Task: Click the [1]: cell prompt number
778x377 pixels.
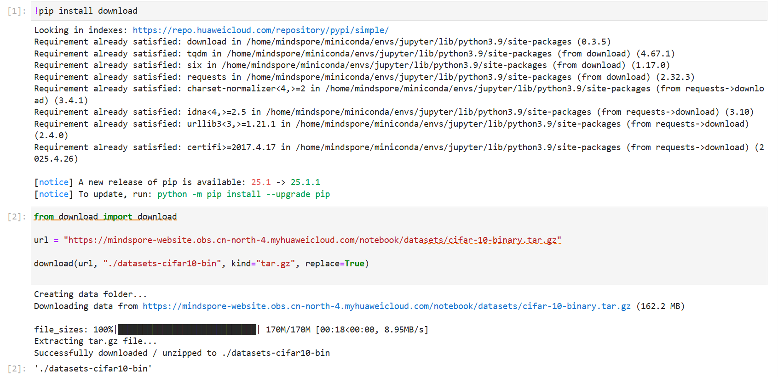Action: click(x=17, y=11)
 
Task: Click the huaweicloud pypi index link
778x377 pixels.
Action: click(x=260, y=30)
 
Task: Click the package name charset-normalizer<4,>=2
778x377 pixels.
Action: click(x=246, y=89)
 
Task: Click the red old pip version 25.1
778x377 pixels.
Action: click(x=261, y=182)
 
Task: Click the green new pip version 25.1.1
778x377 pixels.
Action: click(x=305, y=182)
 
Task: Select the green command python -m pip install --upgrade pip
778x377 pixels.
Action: click(x=243, y=194)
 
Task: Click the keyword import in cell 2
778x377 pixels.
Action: click(x=117, y=217)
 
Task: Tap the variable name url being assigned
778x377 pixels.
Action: click(x=41, y=240)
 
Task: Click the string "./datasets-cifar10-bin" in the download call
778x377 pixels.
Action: click(x=162, y=264)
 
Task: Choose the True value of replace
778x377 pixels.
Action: click(x=354, y=264)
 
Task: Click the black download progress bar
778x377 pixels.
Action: click(x=187, y=329)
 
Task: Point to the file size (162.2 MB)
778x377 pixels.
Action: click(x=660, y=306)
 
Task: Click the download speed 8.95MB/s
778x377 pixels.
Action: click(x=404, y=330)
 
